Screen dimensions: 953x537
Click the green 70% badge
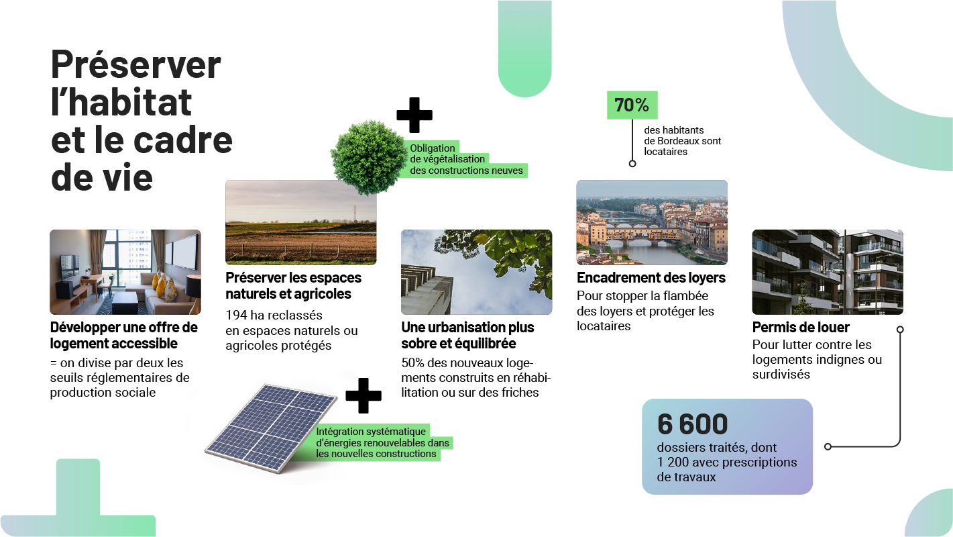click(632, 105)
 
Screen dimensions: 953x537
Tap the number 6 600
click(692, 424)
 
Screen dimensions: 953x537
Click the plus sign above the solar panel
click(363, 395)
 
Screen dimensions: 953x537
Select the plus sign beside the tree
click(414, 115)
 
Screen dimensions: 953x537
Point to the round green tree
click(368, 157)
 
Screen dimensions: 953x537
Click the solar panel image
click(271, 428)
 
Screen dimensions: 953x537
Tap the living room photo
click(125, 272)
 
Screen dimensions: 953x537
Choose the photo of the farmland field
click(301, 222)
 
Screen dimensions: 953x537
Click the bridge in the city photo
click(643, 235)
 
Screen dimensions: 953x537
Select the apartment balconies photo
click(828, 272)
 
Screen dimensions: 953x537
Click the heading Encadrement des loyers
click(651, 278)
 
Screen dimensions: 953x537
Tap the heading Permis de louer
click(801, 327)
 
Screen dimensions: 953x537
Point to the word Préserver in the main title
click(135, 64)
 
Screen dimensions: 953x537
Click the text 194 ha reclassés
click(274, 315)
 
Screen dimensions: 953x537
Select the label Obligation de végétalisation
click(447, 154)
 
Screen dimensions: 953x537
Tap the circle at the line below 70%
click(632, 164)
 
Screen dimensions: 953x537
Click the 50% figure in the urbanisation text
click(412, 363)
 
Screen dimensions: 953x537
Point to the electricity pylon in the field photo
click(354, 213)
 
